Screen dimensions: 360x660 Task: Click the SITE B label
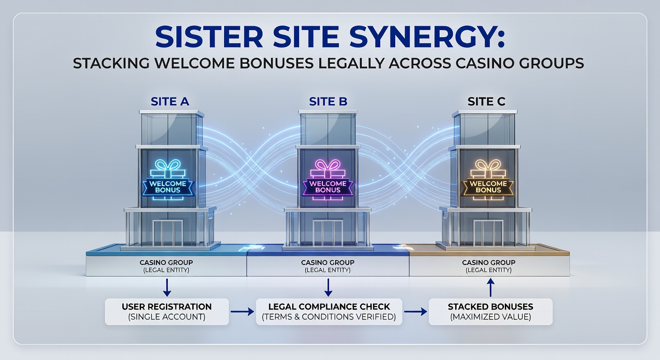328,102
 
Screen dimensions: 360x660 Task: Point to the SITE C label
487,102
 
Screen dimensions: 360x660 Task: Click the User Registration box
166,312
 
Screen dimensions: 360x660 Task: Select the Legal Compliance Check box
329,312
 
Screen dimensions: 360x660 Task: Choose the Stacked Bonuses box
490,312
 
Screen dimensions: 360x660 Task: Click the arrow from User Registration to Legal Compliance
242,312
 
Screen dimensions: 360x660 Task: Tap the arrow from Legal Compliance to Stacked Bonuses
415,312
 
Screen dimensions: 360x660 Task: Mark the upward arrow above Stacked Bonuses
490,287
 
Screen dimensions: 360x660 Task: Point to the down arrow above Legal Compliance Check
329,286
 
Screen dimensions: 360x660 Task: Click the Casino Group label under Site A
166,266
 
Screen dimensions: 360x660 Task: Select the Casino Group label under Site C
488,266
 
